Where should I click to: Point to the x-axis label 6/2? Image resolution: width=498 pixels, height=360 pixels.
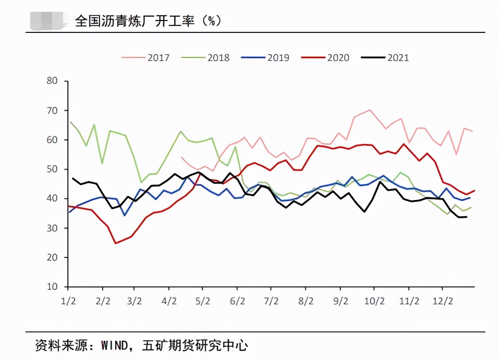(x=237, y=302)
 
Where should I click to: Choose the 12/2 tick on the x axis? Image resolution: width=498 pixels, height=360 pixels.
(x=442, y=302)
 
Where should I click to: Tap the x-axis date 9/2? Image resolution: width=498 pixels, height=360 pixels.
(x=340, y=302)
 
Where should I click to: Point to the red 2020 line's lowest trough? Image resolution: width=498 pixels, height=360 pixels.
(x=115, y=243)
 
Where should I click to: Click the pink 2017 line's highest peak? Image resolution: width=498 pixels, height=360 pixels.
(x=369, y=110)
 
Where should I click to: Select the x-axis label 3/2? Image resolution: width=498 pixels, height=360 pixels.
(x=134, y=302)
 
